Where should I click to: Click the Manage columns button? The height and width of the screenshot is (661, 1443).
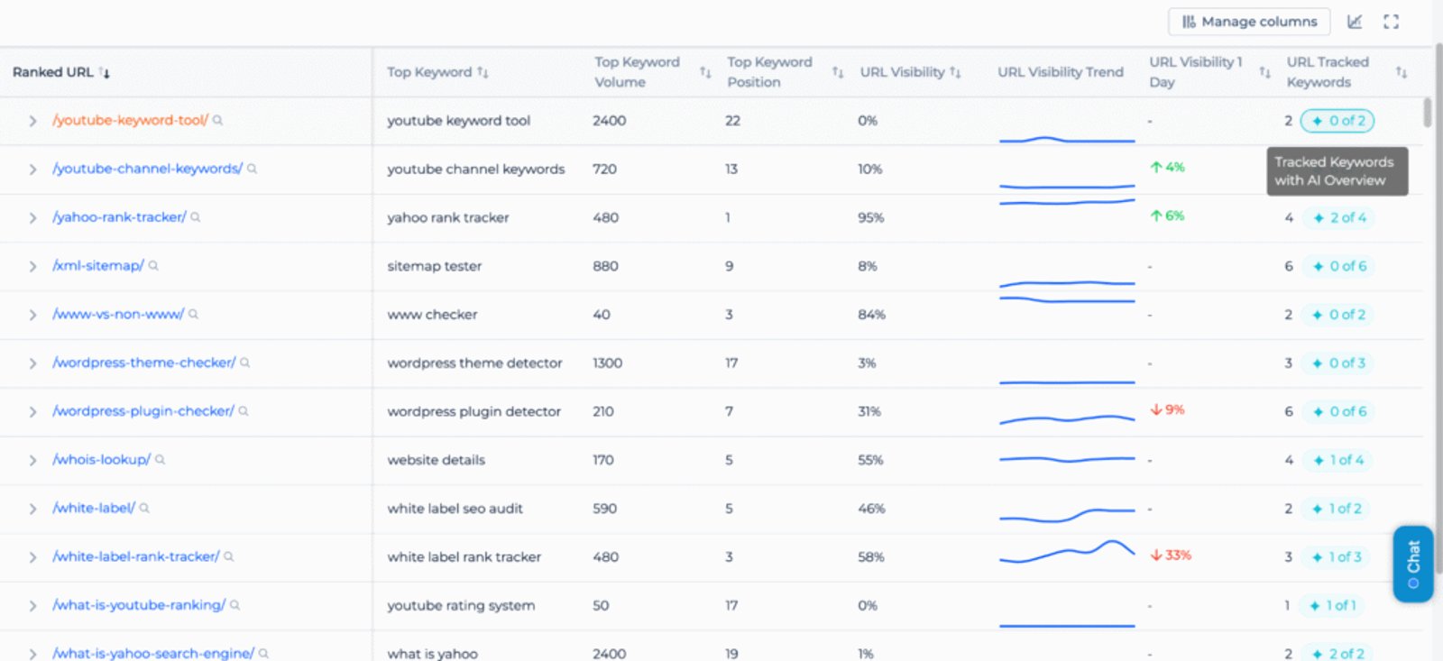(x=1249, y=22)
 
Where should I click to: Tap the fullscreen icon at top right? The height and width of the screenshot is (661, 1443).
(x=1391, y=22)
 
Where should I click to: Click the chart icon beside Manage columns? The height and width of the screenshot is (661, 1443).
(x=1355, y=22)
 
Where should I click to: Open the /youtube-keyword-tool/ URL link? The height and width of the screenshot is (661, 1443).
(x=130, y=120)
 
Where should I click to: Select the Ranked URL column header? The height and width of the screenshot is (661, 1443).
(x=53, y=72)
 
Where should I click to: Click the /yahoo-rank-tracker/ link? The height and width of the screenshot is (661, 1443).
(x=119, y=217)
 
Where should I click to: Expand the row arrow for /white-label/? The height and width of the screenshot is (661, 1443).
(x=32, y=509)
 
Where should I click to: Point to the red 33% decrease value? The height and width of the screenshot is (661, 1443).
(x=1171, y=555)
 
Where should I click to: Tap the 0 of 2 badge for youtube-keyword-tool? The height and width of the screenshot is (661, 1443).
(x=1337, y=121)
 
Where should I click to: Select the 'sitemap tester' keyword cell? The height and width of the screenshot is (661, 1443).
(x=434, y=266)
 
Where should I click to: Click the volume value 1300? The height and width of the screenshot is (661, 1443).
(x=607, y=363)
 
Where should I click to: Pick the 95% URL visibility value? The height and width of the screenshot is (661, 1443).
(x=870, y=217)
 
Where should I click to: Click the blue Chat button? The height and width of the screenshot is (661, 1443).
(x=1412, y=563)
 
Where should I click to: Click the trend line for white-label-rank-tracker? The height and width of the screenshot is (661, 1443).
(x=1066, y=552)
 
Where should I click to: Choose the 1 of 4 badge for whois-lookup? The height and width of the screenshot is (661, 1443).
(x=1337, y=460)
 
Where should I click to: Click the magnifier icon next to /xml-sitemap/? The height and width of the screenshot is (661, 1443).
(x=153, y=266)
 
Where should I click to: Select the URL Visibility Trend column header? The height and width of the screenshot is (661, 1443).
(x=1060, y=72)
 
